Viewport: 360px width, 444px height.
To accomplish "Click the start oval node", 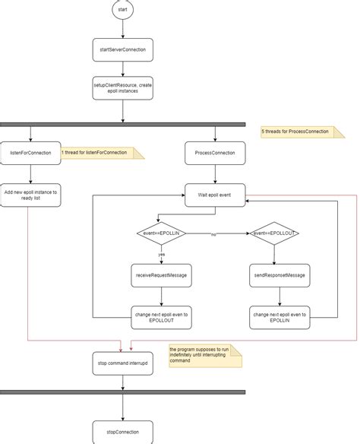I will (122, 11).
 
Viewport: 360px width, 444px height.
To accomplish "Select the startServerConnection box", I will (122, 49).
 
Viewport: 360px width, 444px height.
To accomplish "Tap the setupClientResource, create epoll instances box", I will (122, 88).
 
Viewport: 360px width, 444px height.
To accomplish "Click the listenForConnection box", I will (30, 153).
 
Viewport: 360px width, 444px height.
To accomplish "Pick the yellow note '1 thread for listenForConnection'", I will (96, 153).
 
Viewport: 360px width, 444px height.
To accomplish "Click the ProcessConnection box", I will (216, 153).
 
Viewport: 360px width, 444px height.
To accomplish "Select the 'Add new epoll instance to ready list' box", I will (30, 195).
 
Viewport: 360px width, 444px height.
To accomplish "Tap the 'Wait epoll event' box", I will (216, 195).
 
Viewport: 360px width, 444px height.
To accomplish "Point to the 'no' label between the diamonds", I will (213, 235).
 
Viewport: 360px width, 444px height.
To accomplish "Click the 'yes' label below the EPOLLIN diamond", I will (161, 255).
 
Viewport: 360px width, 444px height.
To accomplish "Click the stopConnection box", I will (122, 431).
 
